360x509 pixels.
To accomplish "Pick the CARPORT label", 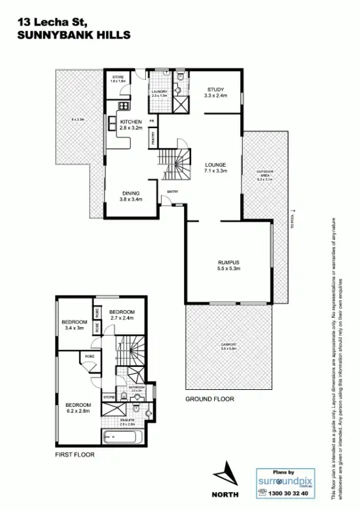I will (x=228, y=347).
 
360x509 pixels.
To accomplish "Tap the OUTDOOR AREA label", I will (x=265, y=174).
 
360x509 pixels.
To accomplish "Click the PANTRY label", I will (x=152, y=137).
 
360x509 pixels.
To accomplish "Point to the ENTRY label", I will (x=173, y=191).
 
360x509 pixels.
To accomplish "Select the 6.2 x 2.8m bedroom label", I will (x=77, y=408).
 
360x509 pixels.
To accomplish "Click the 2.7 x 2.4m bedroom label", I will (x=122, y=315).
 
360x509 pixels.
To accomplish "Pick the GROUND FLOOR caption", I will (x=209, y=398).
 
